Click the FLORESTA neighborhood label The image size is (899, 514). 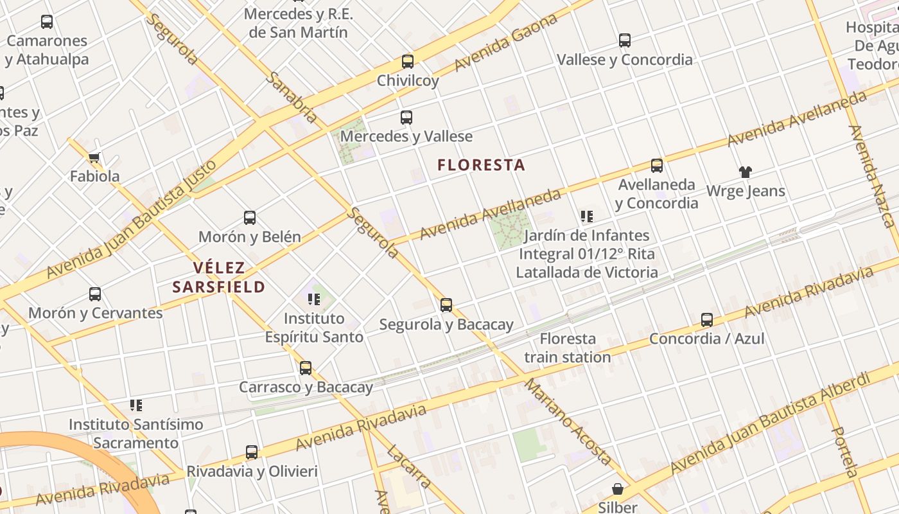pyautogui.click(x=481, y=165)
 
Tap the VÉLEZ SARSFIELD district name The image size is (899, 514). pyautogui.click(x=218, y=278)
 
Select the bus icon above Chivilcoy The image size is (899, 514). pyautogui.click(x=408, y=62)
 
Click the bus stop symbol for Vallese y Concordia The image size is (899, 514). pyautogui.click(x=625, y=40)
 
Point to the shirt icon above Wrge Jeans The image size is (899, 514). pyautogui.click(x=745, y=172)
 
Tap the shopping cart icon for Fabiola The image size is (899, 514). pyautogui.click(x=94, y=157)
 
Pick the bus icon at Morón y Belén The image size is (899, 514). pyautogui.click(x=250, y=218)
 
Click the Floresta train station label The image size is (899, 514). pyautogui.click(x=568, y=348)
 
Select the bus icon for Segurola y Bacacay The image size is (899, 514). pyautogui.click(x=446, y=305)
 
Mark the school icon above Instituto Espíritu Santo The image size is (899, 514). pyautogui.click(x=314, y=299)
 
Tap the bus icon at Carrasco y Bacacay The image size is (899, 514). pyautogui.click(x=306, y=368)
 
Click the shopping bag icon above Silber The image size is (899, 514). pyautogui.click(x=617, y=490)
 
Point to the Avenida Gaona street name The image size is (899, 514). pyautogui.click(x=506, y=43)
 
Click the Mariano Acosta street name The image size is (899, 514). pyautogui.click(x=568, y=421)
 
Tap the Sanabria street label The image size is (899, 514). pyautogui.click(x=291, y=97)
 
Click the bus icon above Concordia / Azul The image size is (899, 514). pyautogui.click(x=707, y=319)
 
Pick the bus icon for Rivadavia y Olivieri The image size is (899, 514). pyautogui.click(x=252, y=452)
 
